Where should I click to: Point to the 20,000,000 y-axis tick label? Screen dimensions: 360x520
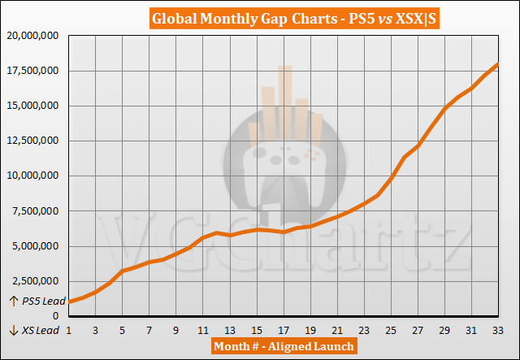[34, 36]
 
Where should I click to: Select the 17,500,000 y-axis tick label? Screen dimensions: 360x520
[34, 71]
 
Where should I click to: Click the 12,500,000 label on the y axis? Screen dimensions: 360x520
[34, 141]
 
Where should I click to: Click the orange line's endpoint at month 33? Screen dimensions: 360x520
[498, 65]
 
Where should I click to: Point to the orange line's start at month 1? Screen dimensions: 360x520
[69, 301]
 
